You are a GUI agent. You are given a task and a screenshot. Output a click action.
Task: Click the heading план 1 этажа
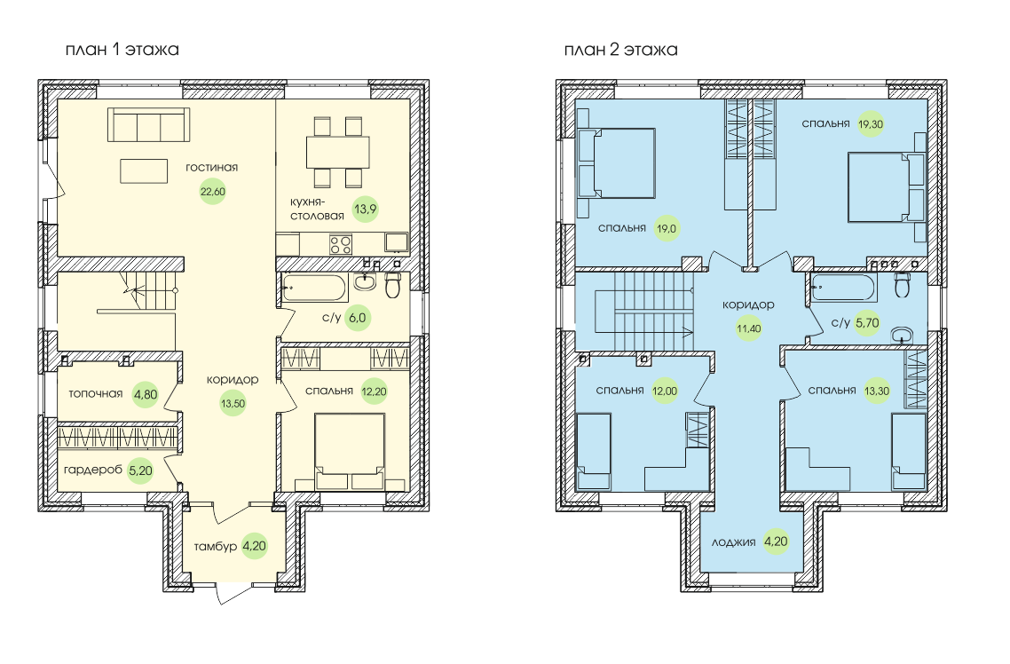point(122,50)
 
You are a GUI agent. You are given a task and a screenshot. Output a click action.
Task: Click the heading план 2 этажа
point(621,50)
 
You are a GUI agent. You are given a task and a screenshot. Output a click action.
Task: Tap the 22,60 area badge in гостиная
point(213,191)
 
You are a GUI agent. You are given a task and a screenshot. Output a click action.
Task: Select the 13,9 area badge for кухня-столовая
point(366,209)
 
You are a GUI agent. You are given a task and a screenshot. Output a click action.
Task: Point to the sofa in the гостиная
point(149,124)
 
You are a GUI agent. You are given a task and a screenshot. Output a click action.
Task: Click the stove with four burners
point(341,244)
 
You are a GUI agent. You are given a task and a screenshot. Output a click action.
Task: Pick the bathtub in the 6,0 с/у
point(314,288)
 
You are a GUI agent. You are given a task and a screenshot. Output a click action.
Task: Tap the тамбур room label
point(215,546)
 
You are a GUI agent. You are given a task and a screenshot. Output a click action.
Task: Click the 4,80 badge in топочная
point(145,394)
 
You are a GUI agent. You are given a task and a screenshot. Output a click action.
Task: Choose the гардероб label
point(93,470)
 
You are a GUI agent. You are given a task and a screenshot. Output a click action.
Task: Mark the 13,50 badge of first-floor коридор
point(233,404)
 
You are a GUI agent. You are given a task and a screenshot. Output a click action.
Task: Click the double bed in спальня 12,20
point(350,452)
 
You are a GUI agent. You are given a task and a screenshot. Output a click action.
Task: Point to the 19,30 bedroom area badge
point(871,124)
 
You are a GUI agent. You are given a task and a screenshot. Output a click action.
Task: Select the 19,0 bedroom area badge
point(667,229)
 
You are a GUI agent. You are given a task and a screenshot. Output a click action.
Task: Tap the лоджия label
point(734,542)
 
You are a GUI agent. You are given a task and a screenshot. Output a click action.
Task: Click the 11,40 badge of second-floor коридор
point(749,328)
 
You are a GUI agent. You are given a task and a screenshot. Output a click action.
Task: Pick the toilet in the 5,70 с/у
point(903,285)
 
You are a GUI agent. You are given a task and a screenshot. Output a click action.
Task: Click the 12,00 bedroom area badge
point(665,391)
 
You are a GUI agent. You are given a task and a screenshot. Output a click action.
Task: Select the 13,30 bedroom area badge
point(877,391)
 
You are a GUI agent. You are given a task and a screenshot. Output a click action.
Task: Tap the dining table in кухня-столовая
point(338,152)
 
